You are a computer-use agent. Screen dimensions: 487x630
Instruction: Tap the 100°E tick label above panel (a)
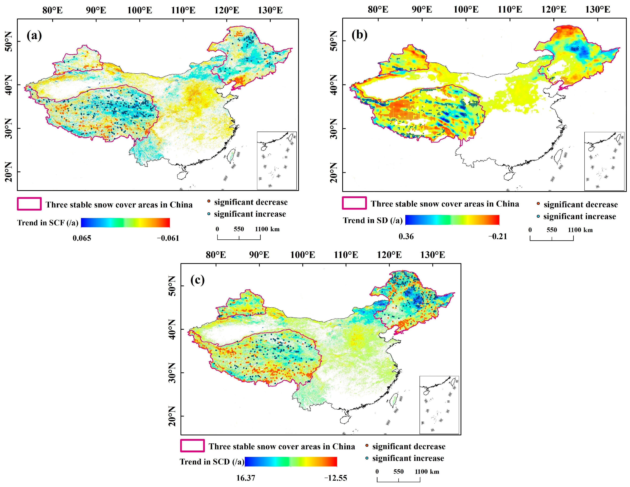[x=140, y=10]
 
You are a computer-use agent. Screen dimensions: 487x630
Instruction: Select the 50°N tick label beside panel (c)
[x=172, y=286]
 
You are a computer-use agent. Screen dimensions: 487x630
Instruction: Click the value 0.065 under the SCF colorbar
[x=82, y=238]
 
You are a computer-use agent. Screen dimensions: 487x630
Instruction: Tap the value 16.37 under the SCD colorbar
[x=246, y=478]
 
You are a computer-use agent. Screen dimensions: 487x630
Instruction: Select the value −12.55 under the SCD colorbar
[x=335, y=478]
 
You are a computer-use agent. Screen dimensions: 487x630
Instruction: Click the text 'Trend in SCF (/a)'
[x=48, y=223]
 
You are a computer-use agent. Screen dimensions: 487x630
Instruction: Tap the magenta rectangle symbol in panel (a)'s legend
[x=29, y=204]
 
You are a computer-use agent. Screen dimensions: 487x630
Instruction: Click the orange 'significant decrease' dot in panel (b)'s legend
[x=538, y=204]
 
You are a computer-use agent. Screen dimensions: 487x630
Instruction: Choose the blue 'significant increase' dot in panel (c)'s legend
[x=367, y=458]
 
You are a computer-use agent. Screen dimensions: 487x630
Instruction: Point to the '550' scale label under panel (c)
[x=398, y=471]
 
